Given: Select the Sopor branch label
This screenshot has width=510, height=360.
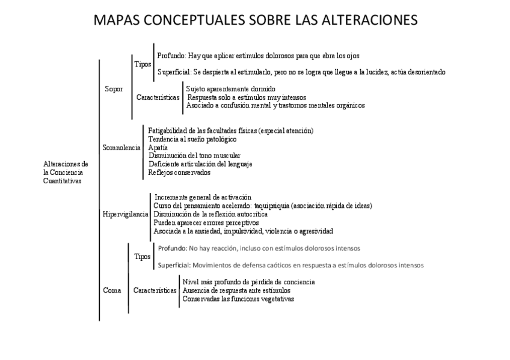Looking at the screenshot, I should (x=114, y=89).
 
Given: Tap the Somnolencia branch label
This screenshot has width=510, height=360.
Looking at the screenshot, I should (x=121, y=147).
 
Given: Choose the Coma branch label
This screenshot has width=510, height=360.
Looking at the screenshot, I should (x=112, y=290).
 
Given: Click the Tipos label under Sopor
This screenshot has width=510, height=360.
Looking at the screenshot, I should (x=143, y=64).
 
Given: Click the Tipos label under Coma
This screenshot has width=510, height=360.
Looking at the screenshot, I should (x=143, y=257).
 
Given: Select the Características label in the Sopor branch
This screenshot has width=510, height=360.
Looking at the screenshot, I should (x=158, y=97).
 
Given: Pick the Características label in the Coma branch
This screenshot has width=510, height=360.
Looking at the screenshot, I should (x=155, y=290).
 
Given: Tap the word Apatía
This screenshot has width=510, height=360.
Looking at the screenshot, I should (x=158, y=147).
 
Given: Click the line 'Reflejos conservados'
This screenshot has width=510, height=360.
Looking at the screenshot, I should (x=179, y=172).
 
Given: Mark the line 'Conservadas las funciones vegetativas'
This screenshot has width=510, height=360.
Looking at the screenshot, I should (x=238, y=299).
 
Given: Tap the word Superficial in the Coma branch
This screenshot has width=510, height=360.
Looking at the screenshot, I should (x=174, y=265).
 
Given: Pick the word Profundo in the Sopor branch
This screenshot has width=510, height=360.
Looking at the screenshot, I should (x=171, y=55).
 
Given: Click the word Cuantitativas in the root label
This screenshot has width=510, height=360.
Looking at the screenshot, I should (x=63, y=180).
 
